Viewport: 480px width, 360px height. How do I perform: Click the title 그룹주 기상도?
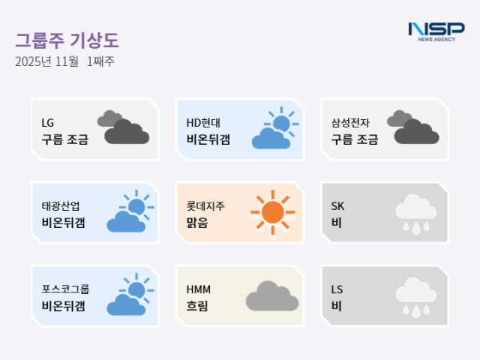tap(67, 40)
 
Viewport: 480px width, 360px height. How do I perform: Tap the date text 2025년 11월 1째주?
tap(64, 62)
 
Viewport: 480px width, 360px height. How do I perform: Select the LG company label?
tap(48, 122)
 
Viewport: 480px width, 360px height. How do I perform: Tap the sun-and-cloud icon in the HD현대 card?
tap(274, 128)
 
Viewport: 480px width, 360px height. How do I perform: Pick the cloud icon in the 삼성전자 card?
tap(412, 128)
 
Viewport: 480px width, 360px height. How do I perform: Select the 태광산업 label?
tap(61, 205)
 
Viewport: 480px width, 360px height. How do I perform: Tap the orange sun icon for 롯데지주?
tap(272, 212)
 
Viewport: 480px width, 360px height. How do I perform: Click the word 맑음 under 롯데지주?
tap(197, 223)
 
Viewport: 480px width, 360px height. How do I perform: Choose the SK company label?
tap(337, 205)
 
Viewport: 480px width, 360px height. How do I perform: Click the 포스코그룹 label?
tap(65, 289)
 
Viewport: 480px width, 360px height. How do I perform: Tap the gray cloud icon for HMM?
tap(272, 296)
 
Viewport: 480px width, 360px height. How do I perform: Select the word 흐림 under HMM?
tap(197, 306)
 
